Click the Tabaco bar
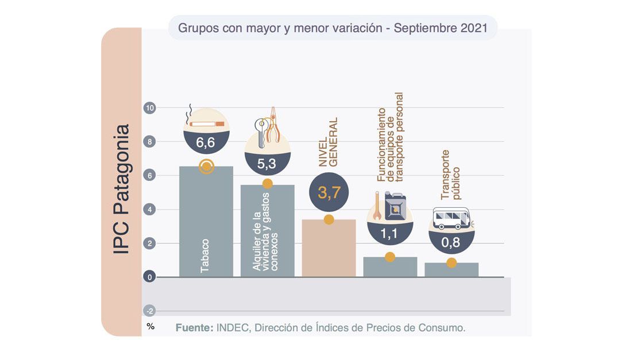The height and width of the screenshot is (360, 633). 206,222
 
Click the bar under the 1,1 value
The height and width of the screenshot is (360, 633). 390,267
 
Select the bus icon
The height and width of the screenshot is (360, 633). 451,218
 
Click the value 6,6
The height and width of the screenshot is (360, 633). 206,143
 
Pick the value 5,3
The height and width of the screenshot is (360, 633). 267,164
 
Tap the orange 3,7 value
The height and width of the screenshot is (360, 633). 329,193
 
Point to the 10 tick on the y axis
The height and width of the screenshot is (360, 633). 149,108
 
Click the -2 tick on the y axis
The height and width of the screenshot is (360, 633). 149,311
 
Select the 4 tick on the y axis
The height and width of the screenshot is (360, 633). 149,210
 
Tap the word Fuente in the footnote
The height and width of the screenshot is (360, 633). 194,328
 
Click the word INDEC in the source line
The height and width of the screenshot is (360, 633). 233,328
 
